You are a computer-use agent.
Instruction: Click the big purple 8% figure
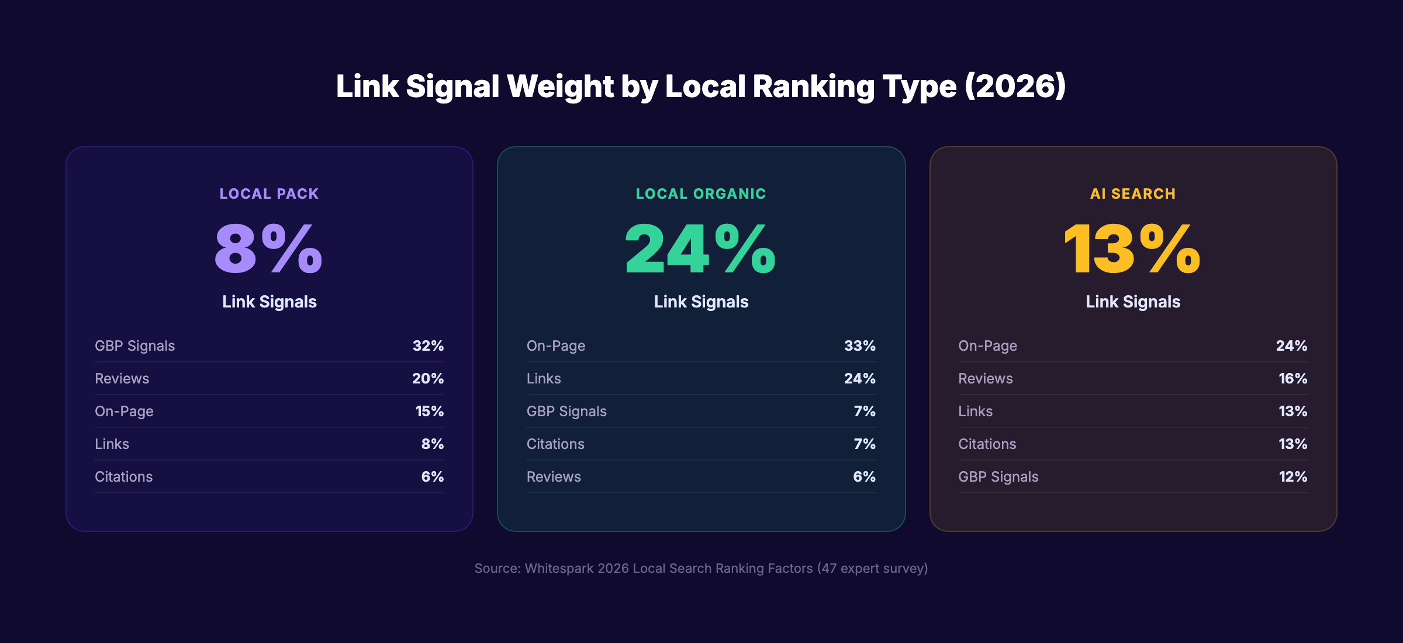tap(268, 249)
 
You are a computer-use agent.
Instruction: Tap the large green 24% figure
tap(700, 249)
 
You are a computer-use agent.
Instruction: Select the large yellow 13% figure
tap(1132, 249)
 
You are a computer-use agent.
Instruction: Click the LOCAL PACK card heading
tap(269, 193)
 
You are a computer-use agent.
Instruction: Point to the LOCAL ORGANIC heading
tap(701, 193)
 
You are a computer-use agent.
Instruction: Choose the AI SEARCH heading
tap(1133, 193)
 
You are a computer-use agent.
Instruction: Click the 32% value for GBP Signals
tap(428, 345)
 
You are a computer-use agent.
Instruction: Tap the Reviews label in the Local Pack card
tap(122, 378)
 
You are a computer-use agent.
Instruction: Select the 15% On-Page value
tap(429, 411)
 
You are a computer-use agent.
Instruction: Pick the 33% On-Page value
tap(859, 345)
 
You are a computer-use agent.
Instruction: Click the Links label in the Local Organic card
tap(544, 378)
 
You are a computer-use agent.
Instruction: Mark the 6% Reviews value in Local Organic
tap(864, 476)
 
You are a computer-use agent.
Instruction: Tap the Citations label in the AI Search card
tap(987, 444)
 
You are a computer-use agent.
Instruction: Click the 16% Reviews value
tap(1293, 378)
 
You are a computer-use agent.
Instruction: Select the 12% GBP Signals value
tap(1293, 476)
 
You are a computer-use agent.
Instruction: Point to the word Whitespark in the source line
tap(559, 568)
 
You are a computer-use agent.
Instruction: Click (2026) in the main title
tap(1015, 87)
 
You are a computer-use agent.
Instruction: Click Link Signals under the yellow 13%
tap(1133, 302)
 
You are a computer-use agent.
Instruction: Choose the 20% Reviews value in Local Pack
tap(428, 378)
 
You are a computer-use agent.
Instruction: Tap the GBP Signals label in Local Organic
tap(566, 411)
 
